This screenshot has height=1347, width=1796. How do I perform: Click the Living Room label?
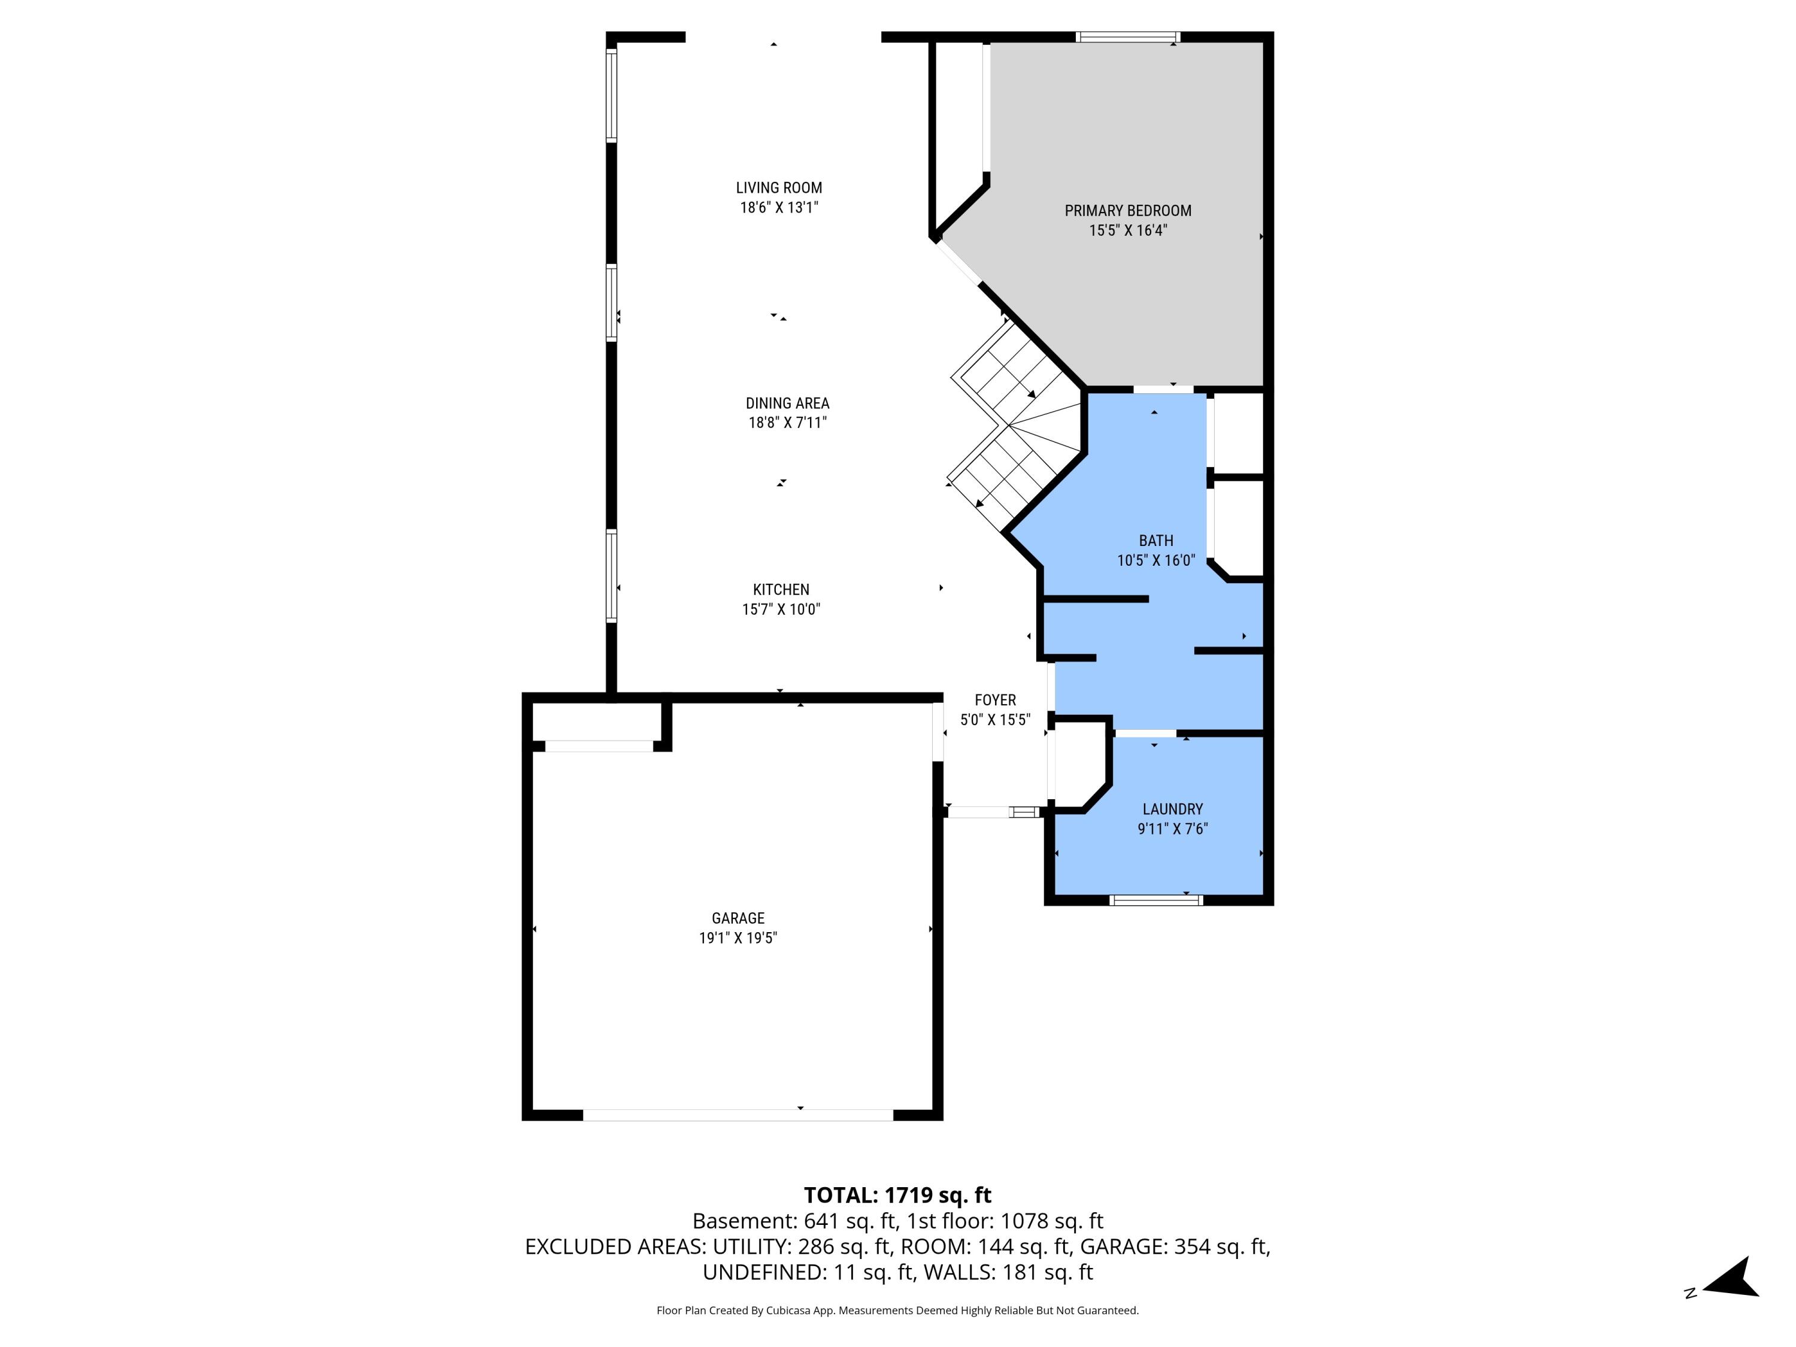coord(779,187)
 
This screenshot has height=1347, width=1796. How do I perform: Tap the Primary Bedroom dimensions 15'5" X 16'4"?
coord(1128,230)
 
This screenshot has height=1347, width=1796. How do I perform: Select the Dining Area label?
coord(787,403)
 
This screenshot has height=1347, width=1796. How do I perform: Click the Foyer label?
coord(994,700)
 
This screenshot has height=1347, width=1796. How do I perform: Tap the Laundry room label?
coord(1172,809)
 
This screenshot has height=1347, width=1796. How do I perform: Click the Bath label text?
coord(1155,541)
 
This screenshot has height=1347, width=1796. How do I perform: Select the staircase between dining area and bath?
coord(1015,430)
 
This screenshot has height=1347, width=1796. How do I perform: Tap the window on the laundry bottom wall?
coord(1155,900)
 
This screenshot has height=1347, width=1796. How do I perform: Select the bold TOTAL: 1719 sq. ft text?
coord(897,1195)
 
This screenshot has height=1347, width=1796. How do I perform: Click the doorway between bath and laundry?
coord(1144,734)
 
